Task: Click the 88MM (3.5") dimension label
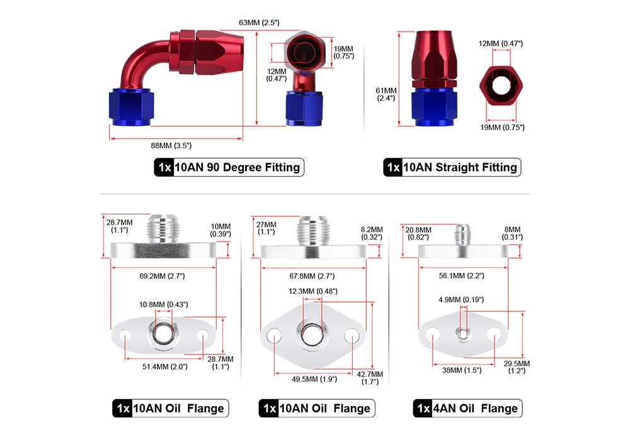(171, 146)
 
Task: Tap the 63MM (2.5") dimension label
(259, 23)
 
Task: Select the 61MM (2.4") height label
(386, 94)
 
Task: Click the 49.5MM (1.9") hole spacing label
(314, 379)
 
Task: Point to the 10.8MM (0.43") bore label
(163, 305)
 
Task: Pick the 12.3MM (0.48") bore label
(313, 291)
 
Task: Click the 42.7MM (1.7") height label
(371, 378)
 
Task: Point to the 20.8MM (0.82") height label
(418, 233)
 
